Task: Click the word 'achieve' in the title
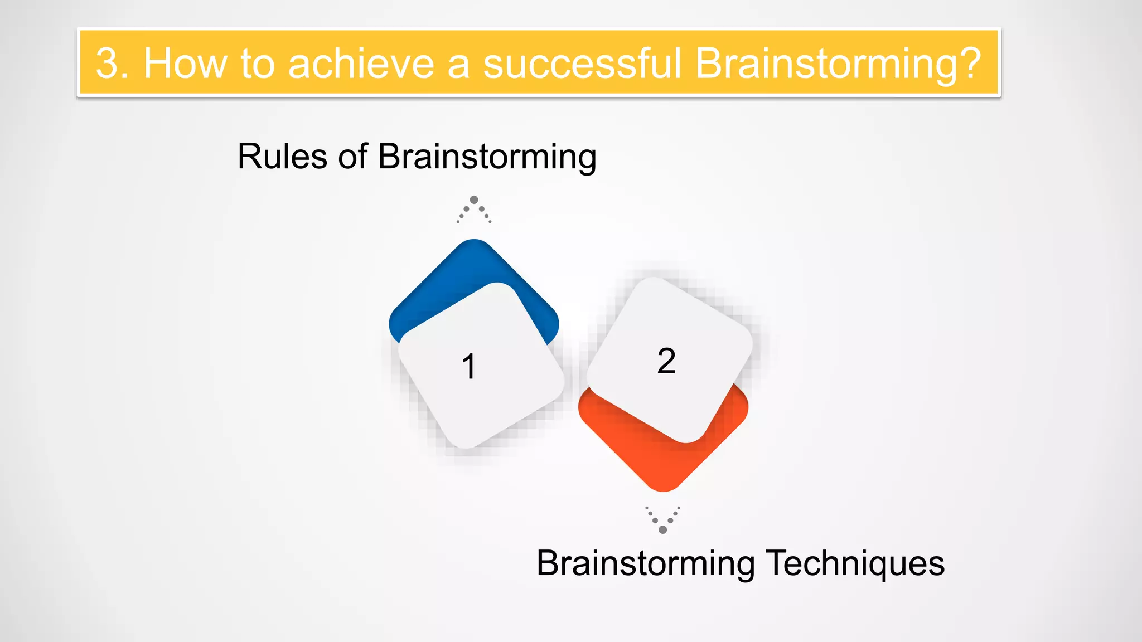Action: [361, 63]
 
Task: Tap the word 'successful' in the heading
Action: [582, 63]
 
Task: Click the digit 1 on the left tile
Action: [469, 366]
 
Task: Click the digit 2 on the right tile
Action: [666, 361]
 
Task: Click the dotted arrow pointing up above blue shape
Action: [474, 210]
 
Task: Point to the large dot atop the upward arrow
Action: [474, 200]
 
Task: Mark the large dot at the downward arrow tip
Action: [662, 529]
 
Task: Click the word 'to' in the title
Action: [258, 63]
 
